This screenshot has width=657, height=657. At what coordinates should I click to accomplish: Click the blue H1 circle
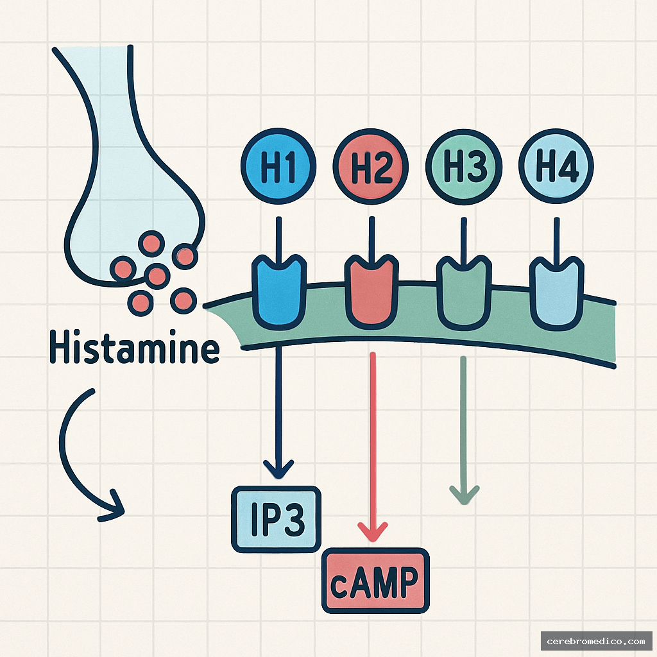278,166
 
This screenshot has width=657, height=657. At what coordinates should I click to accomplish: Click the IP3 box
276,520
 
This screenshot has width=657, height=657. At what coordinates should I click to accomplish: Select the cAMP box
375,581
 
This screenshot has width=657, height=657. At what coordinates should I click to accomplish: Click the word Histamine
135,347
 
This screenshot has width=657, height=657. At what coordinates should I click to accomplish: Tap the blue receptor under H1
278,291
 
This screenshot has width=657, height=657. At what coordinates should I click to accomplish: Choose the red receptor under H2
371,291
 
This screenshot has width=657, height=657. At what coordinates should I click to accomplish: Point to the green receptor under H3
464,292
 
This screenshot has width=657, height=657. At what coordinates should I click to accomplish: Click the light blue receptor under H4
556,292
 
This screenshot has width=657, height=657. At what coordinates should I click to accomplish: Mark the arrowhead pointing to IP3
278,469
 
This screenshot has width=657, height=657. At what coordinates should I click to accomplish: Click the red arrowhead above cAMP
372,532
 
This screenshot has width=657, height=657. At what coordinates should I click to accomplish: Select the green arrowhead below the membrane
464,495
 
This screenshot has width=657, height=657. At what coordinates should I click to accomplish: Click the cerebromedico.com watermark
596,641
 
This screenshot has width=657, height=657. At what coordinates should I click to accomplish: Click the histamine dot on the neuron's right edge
184,256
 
